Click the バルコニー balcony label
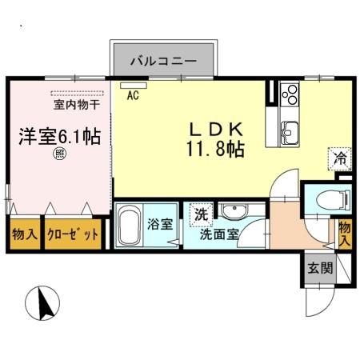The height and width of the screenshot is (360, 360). [x=163, y=59]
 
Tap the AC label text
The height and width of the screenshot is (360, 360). [x=133, y=94]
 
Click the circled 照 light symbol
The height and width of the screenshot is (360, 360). [x=59, y=155]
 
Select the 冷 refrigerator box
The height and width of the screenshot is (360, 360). [x=340, y=158]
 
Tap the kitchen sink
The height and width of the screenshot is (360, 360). [x=289, y=130]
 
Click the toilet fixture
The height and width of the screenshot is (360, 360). [x=326, y=199]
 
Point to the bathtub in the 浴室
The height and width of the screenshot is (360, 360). [x=133, y=228]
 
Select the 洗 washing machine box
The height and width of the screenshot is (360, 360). [x=200, y=214]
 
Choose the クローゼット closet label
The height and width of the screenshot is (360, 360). [x=73, y=235]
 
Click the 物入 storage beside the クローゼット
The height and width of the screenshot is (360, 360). [x=25, y=235]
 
